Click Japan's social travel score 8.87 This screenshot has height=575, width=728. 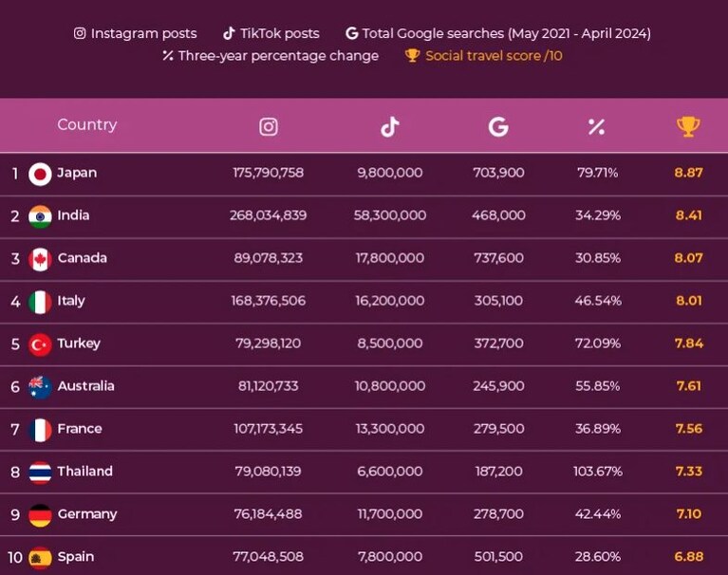point(688,173)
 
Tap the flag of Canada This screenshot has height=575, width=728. point(40,259)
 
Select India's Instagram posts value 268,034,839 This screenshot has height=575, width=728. point(268,215)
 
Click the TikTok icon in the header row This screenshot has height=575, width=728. point(390,126)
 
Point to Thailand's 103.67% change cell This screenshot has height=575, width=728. point(598,472)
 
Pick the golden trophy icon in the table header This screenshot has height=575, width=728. point(688,126)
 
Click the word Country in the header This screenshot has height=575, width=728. point(86,124)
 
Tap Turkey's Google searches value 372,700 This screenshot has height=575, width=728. point(498,343)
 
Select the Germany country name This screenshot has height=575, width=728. point(87,514)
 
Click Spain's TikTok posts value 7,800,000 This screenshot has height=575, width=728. point(390,556)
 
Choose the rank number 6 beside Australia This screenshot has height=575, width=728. point(15,386)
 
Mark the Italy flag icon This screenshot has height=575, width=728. point(40,302)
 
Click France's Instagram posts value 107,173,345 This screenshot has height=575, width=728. point(268,428)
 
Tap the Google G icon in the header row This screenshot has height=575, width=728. point(498,126)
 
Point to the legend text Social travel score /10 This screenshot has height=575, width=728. point(494,56)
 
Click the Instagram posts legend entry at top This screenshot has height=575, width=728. point(135,33)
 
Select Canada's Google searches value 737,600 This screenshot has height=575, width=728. point(498,258)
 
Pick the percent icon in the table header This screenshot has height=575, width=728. point(596,127)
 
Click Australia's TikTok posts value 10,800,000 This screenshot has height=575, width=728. point(390,386)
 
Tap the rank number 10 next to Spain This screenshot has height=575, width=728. point(15,557)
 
